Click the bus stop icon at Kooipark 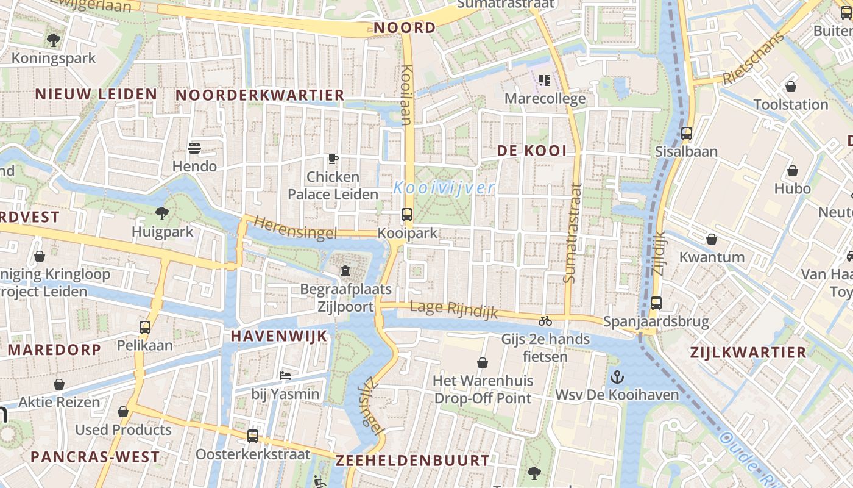(x=406, y=215)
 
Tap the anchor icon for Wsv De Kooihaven (x=617, y=376)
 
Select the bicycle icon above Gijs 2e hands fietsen (x=545, y=321)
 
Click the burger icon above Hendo (x=194, y=148)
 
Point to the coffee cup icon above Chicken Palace (x=333, y=159)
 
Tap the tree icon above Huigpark (x=162, y=213)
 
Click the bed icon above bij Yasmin (x=285, y=375)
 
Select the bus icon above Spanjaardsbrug (x=656, y=303)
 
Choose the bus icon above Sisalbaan (x=687, y=133)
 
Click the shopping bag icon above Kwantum (x=712, y=239)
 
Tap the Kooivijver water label (x=444, y=187)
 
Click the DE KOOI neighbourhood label (x=532, y=151)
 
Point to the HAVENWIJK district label (x=279, y=336)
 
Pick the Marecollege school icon (x=545, y=80)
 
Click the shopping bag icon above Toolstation (x=791, y=87)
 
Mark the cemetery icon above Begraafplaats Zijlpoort (x=345, y=270)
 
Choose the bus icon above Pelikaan (x=145, y=327)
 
